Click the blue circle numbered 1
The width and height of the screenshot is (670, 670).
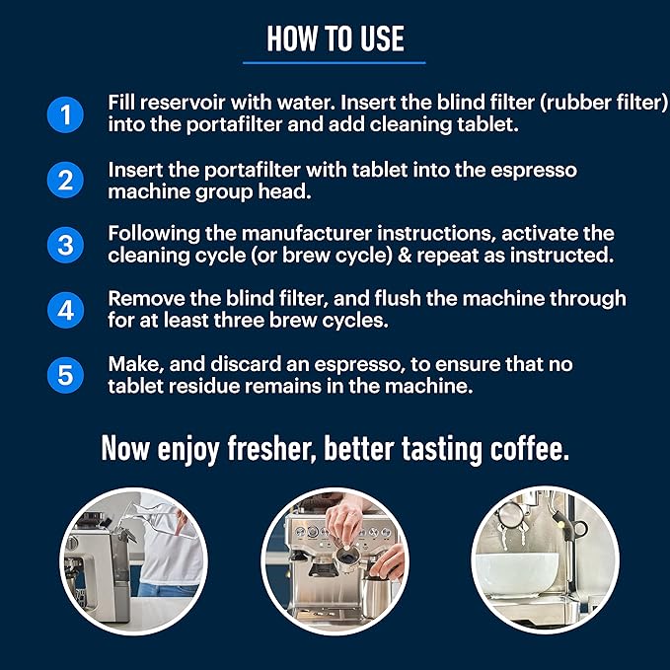[64, 114]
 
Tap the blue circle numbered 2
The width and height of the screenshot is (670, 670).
[64, 181]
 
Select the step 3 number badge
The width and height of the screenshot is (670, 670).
[64, 244]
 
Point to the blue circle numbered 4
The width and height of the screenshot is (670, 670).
[64, 309]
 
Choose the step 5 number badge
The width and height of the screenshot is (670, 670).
[64, 375]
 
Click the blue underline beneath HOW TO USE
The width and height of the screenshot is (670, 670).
[335, 62]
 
